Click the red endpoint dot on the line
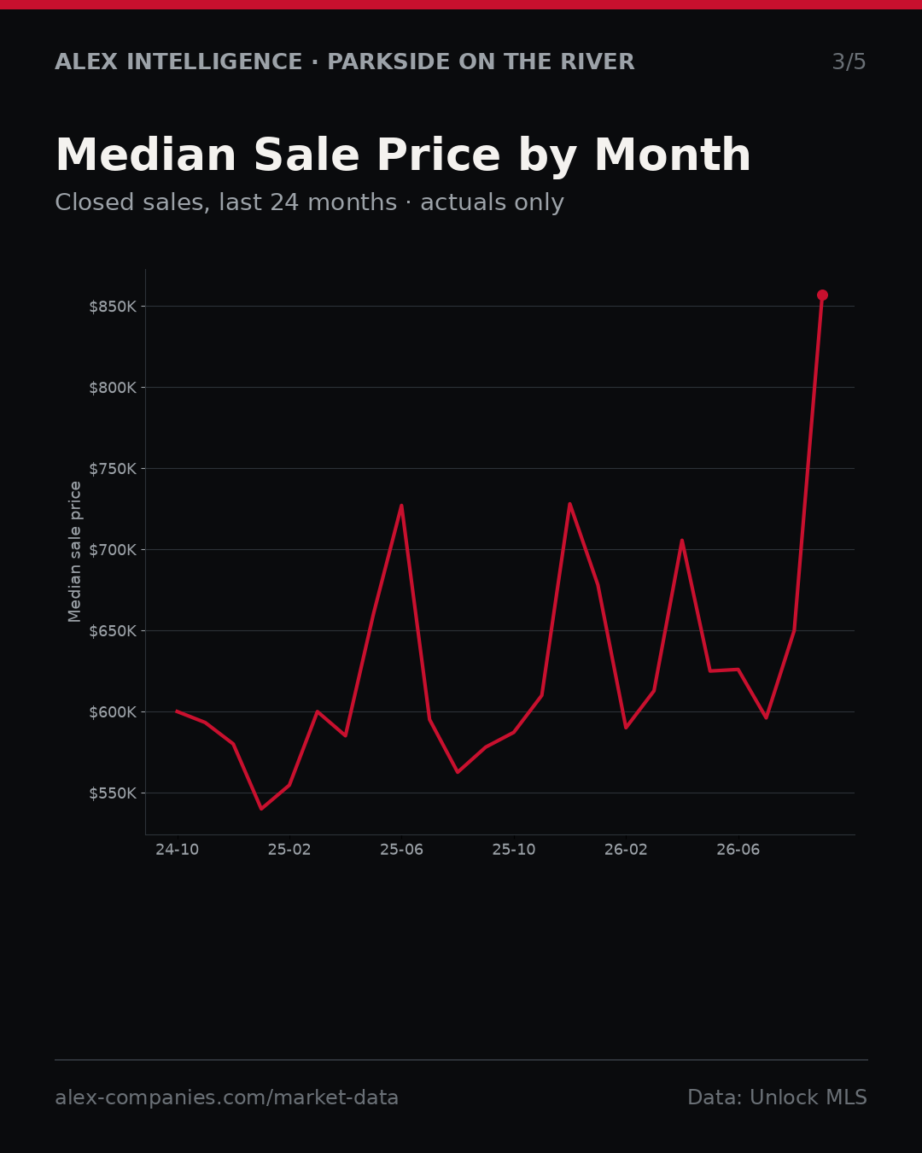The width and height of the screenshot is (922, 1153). point(822,296)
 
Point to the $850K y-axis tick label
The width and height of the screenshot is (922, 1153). point(113,307)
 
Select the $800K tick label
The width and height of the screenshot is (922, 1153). point(113,388)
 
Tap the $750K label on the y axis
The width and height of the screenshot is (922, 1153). point(113,469)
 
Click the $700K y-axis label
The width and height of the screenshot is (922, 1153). point(113,550)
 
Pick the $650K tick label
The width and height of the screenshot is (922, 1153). point(113,631)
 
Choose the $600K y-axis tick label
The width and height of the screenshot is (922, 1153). point(113,712)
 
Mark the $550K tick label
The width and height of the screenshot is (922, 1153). point(113,793)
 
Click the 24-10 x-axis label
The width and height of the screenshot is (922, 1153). point(178,850)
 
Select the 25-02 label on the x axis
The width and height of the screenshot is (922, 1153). point(289,850)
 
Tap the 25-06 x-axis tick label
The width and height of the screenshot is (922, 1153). point(402,850)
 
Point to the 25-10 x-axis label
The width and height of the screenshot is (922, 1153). point(514,850)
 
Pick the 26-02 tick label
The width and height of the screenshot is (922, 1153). point(626,850)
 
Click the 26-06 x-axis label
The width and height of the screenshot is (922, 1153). point(738,850)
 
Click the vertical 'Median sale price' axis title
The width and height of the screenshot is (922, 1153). point(74,552)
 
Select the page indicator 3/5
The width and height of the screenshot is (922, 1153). point(849,61)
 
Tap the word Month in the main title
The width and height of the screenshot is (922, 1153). point(673,155)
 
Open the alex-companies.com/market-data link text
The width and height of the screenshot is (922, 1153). point(226,1097)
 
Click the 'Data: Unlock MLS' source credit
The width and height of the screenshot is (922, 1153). point(778,1097)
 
